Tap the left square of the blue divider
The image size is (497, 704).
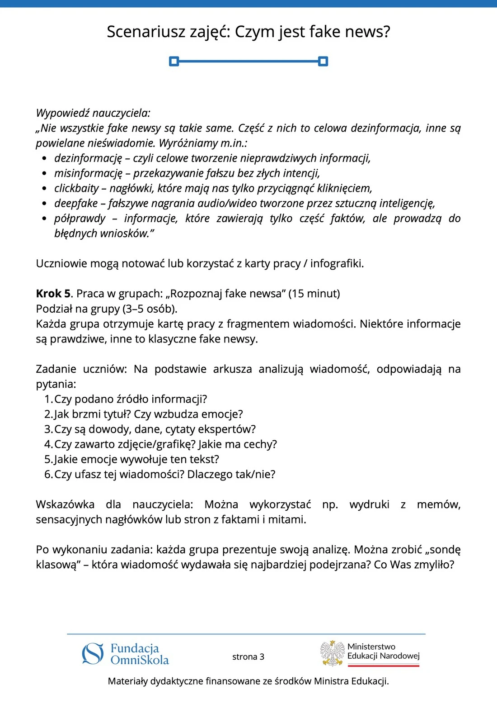(x=174, y=61)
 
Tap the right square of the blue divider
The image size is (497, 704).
(x=323, y=61)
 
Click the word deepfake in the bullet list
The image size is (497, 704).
(x=76, y=203)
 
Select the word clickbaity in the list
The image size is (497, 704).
(x=76, y=188)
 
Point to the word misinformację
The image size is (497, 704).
(x=88, y=173)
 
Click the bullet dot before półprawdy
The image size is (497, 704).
(x=44, y=219)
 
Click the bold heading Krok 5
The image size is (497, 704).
(x=53, y=294)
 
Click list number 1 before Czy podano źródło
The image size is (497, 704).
(x=48, y=399)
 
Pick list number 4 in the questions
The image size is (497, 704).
(x=48, y=444)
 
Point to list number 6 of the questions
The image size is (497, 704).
(x=48, y=474)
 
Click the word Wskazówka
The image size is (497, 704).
(x=65, y=504)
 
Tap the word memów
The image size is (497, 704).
(x=438, y=504)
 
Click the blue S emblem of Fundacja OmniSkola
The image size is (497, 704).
(x=93, y=654)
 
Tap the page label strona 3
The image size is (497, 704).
(x=248, y=656)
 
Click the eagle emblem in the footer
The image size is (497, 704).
(x=333, y=653)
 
